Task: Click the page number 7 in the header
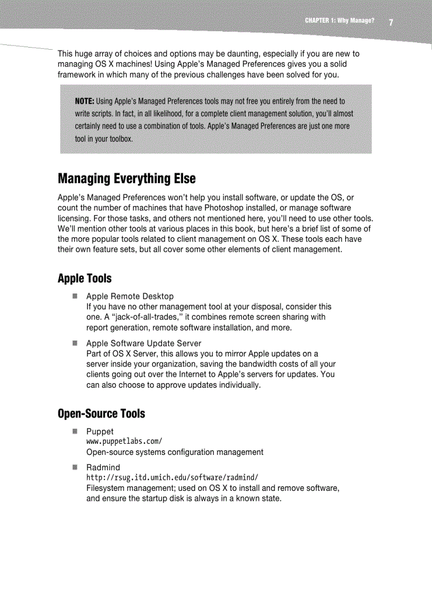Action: point(391,22)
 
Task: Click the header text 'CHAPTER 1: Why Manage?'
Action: point(339,21)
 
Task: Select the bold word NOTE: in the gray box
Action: point(85,101)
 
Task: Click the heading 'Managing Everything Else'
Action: point(127,179)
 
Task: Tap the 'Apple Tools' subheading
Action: point(85,278)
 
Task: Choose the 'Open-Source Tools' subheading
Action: point(101,413)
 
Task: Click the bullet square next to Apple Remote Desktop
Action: point(76,296)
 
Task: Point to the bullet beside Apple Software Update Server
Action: point(76,343)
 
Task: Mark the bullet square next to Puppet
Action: point(76,431)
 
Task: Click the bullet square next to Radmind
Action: point(76,467)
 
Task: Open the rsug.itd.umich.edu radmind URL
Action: point(172,478)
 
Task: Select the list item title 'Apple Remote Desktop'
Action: point(130,296)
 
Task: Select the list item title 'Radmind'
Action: point(103,468)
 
